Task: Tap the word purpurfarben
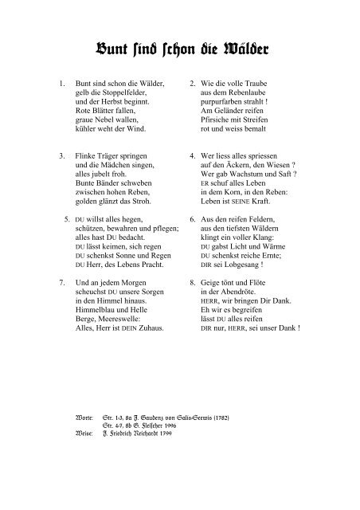(227, 105)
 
